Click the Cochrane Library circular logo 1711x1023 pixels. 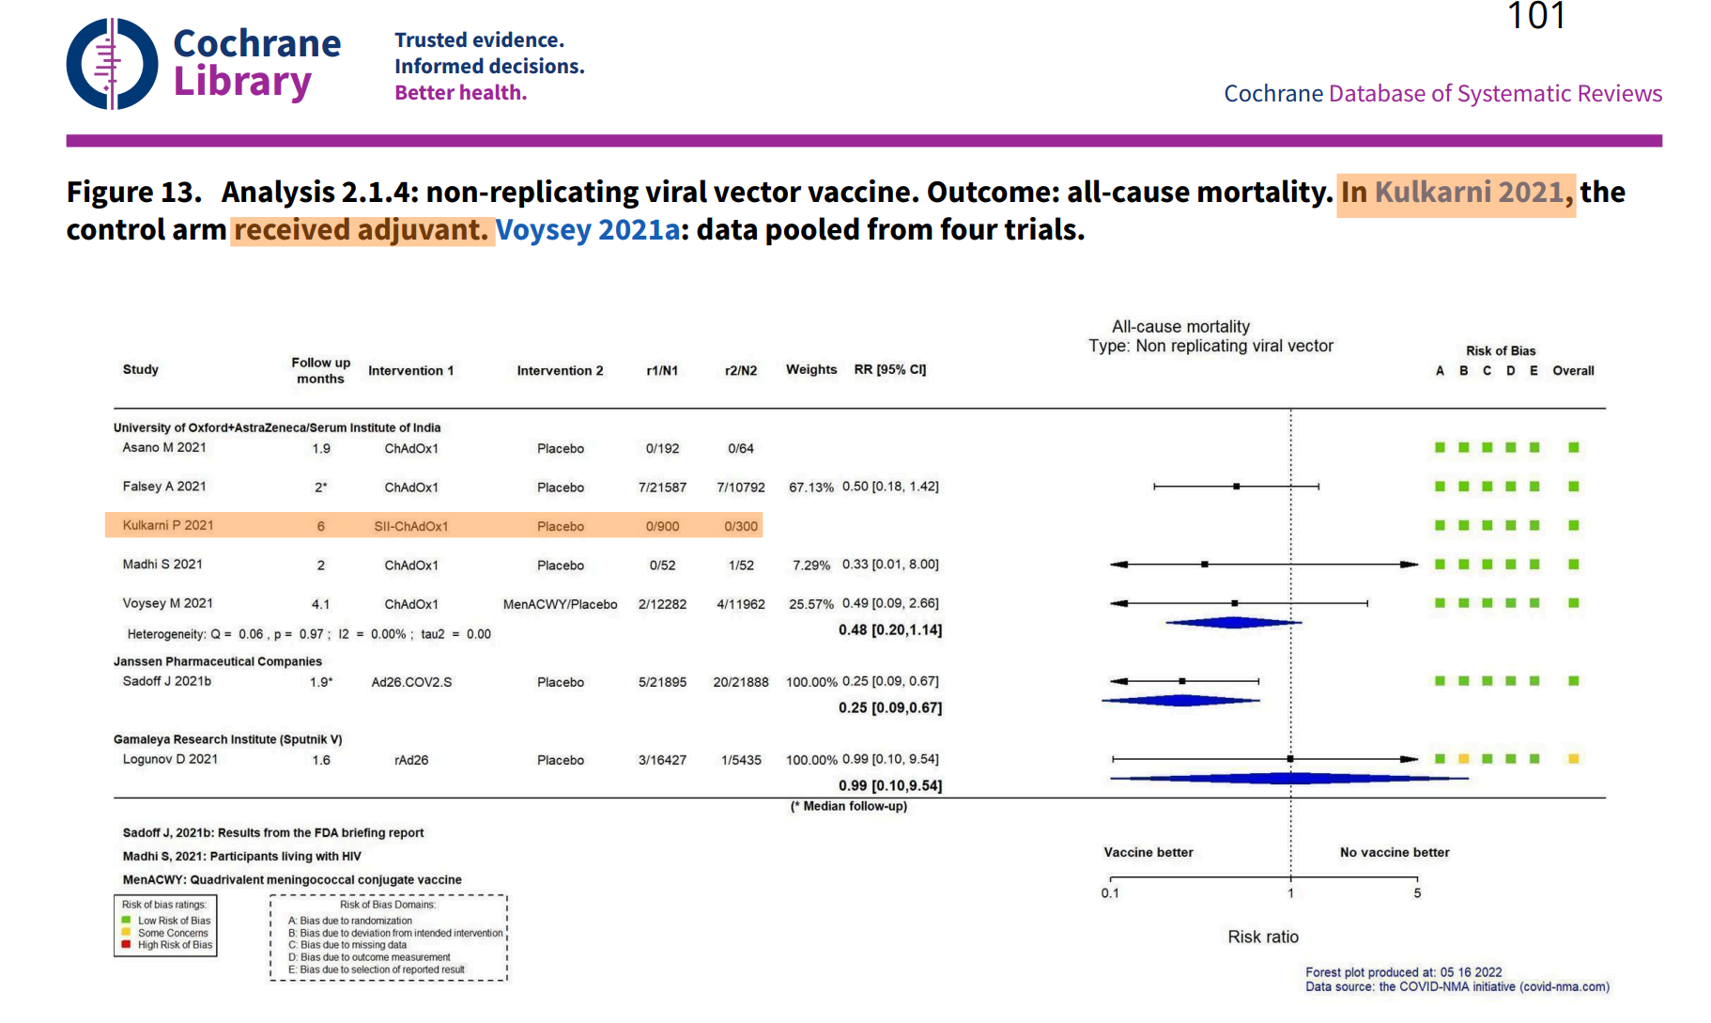coord(112,64)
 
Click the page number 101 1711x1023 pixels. coord(1535,16)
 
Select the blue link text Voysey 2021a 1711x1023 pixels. coord(588,230)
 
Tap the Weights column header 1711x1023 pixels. coord(810,370)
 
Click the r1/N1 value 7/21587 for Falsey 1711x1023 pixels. coord(662,488)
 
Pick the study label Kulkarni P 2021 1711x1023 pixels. coord(168,526)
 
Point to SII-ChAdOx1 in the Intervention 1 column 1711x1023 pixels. coord(410,527)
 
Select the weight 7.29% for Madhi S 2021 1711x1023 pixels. coord(810,566)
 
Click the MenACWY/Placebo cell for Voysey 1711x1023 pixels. coord(560,605)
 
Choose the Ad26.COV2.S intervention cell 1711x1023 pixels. coord(411,683)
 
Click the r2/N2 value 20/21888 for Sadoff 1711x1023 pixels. coord(740,683)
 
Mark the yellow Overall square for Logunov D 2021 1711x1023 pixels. coord(1573,759)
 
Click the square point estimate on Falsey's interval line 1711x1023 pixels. coord(1237,487)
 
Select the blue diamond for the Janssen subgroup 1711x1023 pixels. coord(1181,701)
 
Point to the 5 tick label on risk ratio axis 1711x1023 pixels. coord(1417,893)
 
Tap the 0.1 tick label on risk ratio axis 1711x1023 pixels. coord(1110,893)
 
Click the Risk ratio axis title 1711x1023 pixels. coord(1262,938)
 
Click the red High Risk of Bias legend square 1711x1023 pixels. coord(126,945)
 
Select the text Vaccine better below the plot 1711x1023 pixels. coord(1148,853)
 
